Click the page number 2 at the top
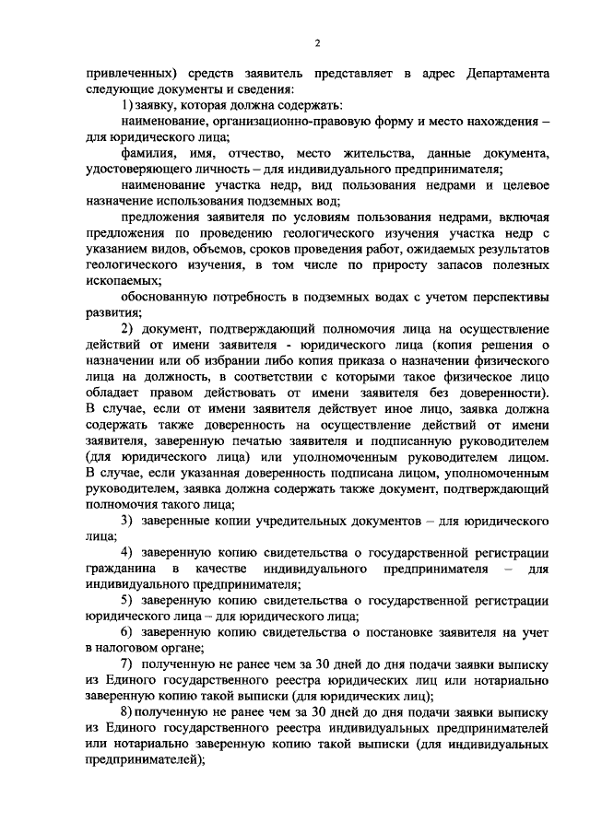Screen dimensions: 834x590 coord(316,43)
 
